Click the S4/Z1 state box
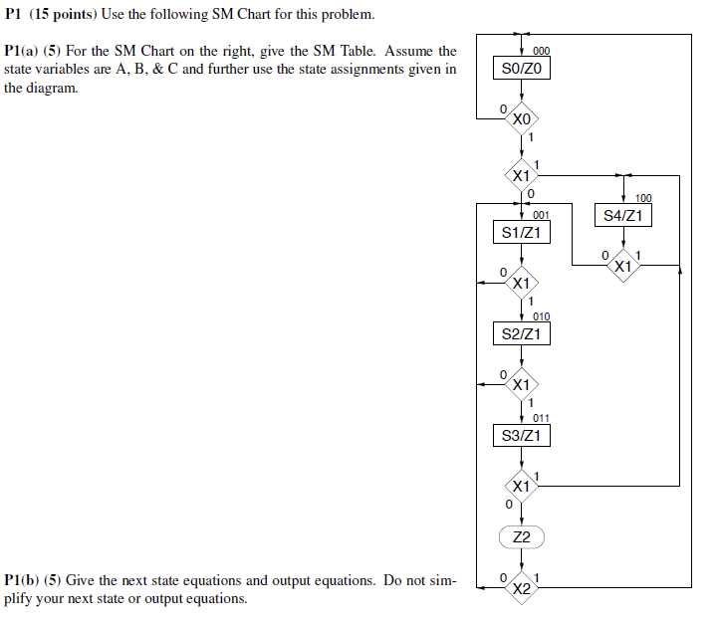point(623,216)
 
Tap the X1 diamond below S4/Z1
point(623,266)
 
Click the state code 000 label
point(541,51)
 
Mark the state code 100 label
point(642,199)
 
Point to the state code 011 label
point(541,418)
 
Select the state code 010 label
point(541,316)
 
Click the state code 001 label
point(541,215)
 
